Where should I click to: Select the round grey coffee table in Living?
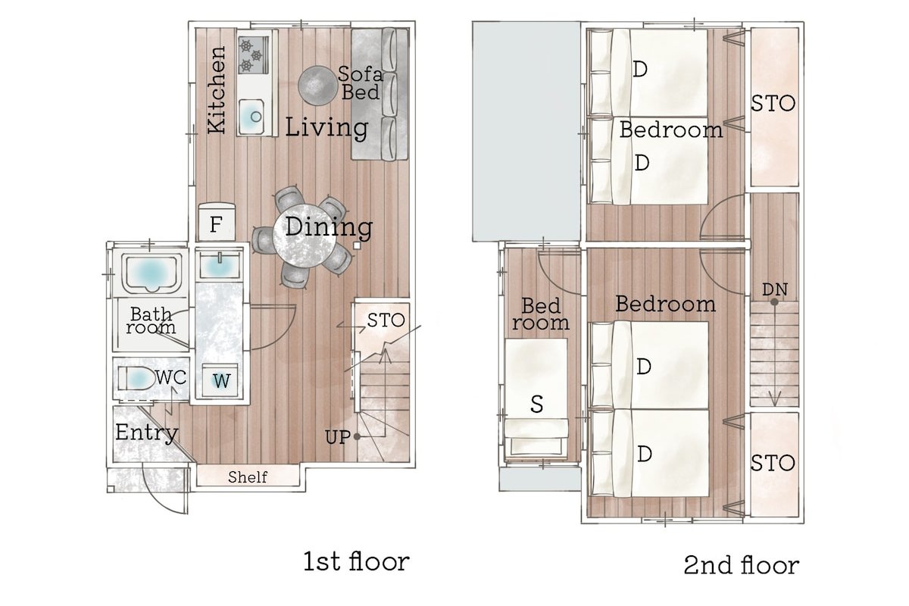(317, 84)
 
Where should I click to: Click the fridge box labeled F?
(216, 225)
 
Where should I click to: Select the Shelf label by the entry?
(248, 477)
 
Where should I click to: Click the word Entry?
(146, 433)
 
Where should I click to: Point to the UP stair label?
(338, 437)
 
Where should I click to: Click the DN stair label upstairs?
(774, 289)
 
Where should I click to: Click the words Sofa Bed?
(359, 83)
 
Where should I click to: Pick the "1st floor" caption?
(356, 562)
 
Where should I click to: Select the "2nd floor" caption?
(741, 566)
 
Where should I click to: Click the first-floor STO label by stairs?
(386, 320)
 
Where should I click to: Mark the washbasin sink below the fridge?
(219, 265)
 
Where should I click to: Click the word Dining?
(329, 226)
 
